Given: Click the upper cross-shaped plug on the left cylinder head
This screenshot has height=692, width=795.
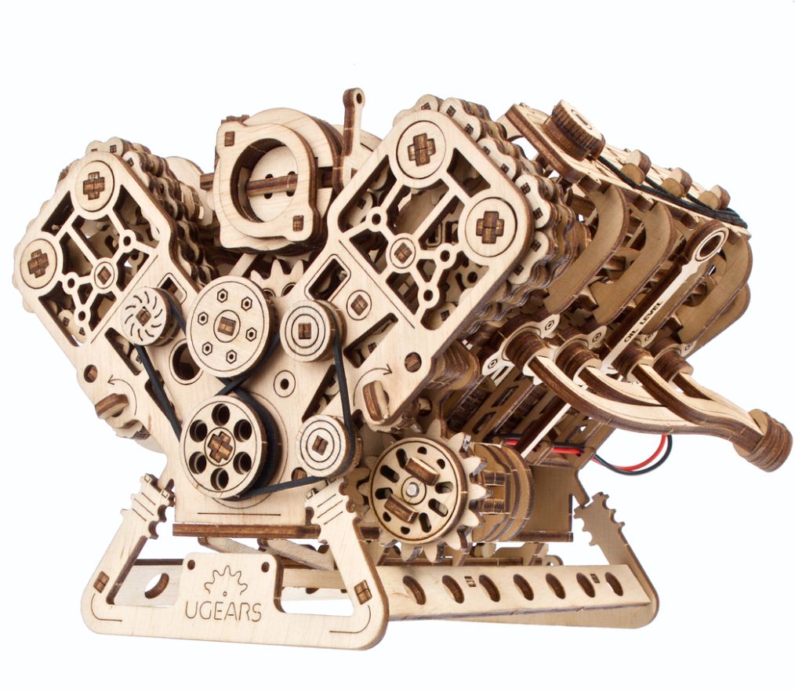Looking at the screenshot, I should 94,184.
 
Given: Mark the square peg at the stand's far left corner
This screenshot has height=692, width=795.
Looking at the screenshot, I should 101,582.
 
